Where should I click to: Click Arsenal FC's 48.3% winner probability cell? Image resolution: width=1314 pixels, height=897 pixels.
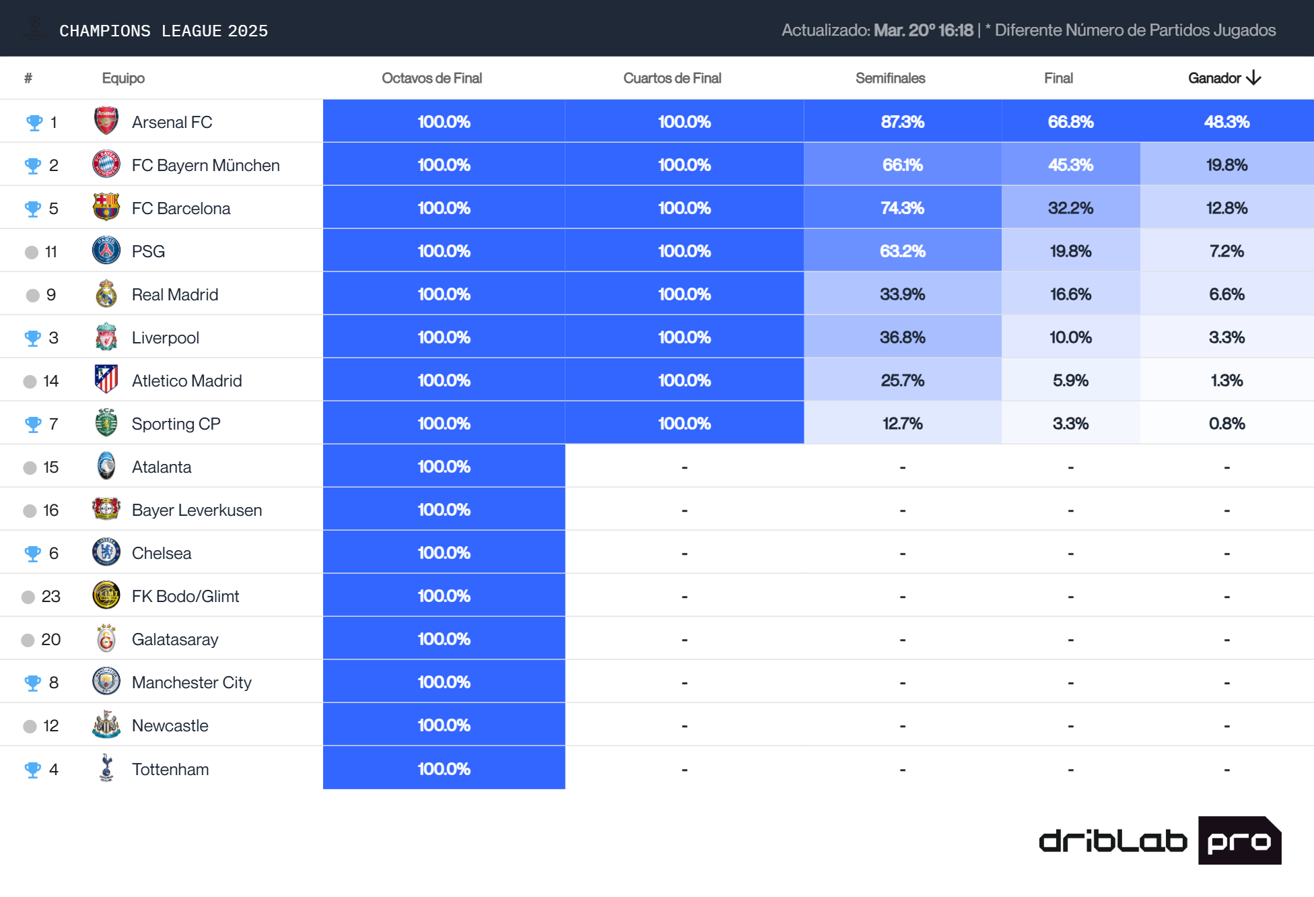1226,122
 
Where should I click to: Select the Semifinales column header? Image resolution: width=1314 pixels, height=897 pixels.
890,78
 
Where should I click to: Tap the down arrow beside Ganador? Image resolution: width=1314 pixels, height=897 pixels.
1253,78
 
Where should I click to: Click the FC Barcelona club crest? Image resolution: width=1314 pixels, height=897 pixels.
106,207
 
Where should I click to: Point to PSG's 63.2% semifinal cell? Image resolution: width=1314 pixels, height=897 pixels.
902,251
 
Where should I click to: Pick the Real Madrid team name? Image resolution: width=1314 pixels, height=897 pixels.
175,294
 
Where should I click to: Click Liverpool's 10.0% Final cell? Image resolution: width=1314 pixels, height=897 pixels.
1070,337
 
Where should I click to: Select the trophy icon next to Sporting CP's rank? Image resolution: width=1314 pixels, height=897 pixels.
33,424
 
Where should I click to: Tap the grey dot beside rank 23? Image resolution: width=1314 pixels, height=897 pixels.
28,597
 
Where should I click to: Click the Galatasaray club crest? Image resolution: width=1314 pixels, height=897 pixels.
106,638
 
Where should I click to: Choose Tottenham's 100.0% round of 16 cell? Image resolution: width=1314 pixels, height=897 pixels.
444,768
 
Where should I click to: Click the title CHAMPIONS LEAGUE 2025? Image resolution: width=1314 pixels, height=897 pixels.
164,31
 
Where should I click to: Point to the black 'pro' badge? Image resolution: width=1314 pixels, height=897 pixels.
1239,840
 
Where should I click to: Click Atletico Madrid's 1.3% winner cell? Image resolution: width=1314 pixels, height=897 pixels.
1226,380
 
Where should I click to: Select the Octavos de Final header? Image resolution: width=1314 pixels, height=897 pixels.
431,78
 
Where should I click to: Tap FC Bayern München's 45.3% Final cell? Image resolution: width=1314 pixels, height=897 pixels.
1070,165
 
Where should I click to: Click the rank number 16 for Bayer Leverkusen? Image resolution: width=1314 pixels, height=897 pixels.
51,510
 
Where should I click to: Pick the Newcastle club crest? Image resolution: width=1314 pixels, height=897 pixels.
106,725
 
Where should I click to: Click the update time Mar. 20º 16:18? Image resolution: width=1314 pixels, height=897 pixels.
923,30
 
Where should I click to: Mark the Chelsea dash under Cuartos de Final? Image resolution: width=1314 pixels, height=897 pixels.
684,554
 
